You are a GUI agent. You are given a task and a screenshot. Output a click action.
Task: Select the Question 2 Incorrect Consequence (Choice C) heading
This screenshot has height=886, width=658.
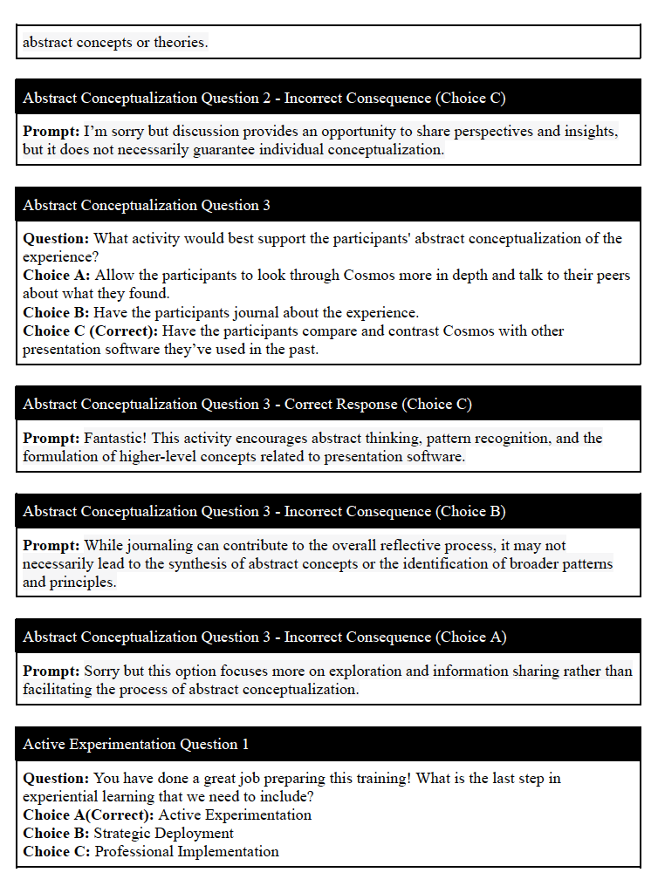tap(264, 98)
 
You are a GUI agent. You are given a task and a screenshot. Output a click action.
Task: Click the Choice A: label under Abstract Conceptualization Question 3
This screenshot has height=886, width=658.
tap(57, 276)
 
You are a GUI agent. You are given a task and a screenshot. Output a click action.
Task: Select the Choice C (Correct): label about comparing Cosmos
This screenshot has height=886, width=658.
tap(91, 331)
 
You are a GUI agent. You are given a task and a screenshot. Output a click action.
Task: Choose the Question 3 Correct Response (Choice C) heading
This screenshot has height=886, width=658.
tap(247, 404)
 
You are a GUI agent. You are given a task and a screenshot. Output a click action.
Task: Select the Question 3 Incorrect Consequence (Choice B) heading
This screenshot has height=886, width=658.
tap(264, 511)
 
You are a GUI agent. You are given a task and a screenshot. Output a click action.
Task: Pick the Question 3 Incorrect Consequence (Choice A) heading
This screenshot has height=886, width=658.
tap(264, 637)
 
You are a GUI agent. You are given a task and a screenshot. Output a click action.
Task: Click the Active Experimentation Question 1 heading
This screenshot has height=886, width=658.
tap(135, 744)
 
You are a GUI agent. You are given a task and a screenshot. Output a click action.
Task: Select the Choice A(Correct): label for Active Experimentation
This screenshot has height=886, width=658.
tap(88, 815)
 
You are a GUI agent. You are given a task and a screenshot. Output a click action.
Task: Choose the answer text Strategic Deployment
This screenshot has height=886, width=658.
tap(163, 834)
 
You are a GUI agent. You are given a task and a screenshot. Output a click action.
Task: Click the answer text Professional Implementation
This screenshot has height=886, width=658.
tap(187, 852)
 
